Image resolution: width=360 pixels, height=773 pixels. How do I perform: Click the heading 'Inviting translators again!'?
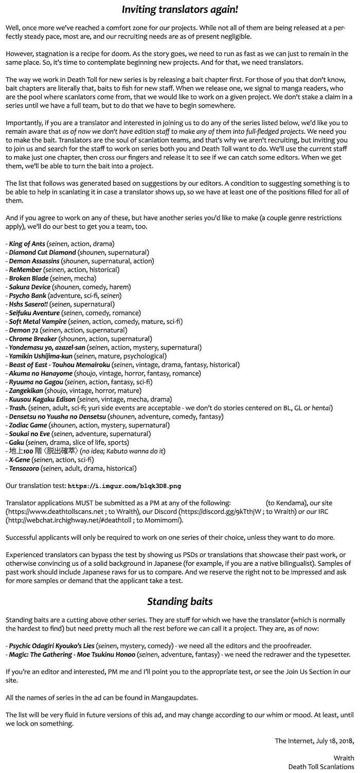click(180, 9)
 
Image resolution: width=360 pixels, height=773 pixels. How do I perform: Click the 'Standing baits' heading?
click(180, 601)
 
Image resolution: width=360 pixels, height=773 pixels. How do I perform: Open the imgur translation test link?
click(124, 486)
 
